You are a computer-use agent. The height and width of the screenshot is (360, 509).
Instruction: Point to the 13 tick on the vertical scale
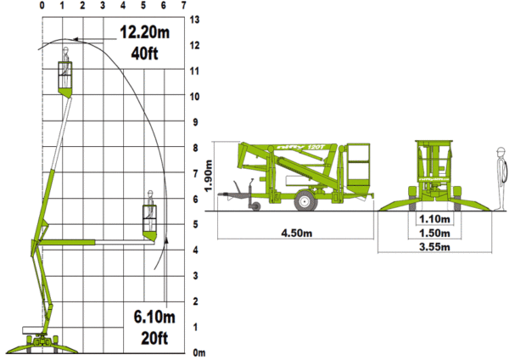[195, 19]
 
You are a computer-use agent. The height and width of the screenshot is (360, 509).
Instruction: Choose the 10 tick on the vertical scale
[195, 96]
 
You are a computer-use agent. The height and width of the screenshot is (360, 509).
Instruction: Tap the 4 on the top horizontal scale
[122, 6]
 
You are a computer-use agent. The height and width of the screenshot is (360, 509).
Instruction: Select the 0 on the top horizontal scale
[42, 6]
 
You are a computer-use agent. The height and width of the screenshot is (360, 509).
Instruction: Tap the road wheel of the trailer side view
[305, 201]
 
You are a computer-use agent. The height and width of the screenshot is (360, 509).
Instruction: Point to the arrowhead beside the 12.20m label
[76, 38]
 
